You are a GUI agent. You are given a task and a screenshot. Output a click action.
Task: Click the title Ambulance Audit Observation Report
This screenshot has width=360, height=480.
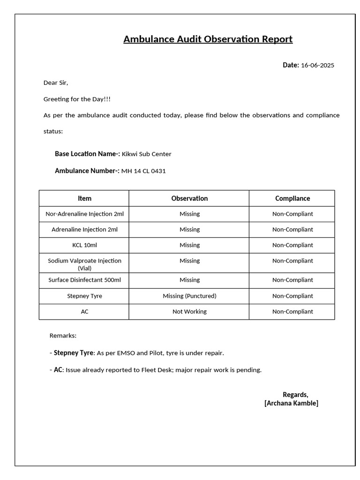pyautogui.click(x=208, y=39)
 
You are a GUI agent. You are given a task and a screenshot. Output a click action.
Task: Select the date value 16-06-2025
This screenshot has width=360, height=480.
pyautogui.click(x=317, y=66)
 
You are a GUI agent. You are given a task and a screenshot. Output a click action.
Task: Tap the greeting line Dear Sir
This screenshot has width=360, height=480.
pyautogui.click(x=56, y=83)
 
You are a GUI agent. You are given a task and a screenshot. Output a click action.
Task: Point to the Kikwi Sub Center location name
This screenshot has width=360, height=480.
pyautogui.click(x=146, y=154)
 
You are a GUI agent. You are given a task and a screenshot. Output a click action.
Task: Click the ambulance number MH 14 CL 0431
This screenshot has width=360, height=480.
pyautogui.click(x=143, y=171)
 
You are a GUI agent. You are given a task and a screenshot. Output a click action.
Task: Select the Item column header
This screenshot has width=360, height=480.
pyautogui.click(x=84, y=198)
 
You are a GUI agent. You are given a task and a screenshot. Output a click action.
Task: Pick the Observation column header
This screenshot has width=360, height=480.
pyautogui.click(x=189, y=198)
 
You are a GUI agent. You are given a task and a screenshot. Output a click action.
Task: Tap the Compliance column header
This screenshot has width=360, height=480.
pyautogui.click(x=292, y=198)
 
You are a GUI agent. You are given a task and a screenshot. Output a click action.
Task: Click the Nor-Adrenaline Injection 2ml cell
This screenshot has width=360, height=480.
pyautogui.click(x=84, y=214)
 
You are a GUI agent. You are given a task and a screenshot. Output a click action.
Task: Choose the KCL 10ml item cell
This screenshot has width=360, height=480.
pyautogui.click(x=84, y=245)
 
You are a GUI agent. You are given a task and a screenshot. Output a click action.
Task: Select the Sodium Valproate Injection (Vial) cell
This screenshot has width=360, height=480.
pyautogui.click(x=84, y=264)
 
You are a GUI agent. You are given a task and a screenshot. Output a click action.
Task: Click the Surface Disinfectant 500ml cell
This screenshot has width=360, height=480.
pyautogui.click(x=84, y=280)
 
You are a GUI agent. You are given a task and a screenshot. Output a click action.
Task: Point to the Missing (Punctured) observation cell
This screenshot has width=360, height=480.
pyautogui.click(x=189, y=296)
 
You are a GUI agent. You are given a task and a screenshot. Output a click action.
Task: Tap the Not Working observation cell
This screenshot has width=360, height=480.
pyautogui.click(x=189, y=311)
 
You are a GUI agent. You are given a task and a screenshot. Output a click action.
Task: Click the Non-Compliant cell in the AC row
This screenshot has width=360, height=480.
pyautogui.click(x=292, y=311)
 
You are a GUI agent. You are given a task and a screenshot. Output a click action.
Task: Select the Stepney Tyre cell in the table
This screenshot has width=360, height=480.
pyautogui.click(x=84, y=296)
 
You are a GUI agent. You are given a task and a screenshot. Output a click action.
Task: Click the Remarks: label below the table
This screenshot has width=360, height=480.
pyautogui.click(x=63, y=336)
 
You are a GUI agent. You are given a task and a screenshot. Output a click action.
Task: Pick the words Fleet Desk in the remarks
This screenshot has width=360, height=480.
pyautogui.click(x=157, y=370)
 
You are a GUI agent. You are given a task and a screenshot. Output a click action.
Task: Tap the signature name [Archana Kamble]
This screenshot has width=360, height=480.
pyautogui.click(x=291, y=403)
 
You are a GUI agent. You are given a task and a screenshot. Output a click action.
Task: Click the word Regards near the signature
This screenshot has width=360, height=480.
pyautogui.click(x=295, y=395)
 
